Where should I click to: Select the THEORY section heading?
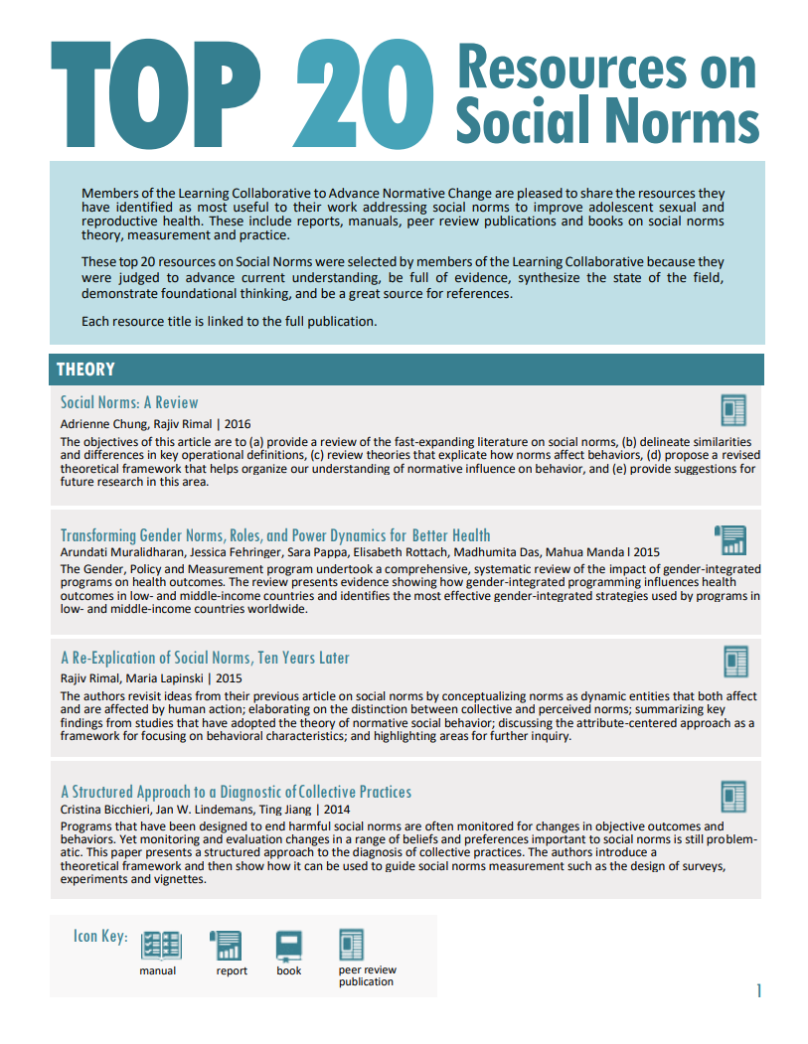(85, 370)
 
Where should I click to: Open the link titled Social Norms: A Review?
(129, 402)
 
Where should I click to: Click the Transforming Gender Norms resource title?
(275, 535)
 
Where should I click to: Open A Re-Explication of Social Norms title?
(205, 658)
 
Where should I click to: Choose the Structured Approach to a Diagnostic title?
(236, 792)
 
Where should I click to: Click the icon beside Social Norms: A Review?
(733, 409)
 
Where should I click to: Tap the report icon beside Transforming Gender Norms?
(730, 540)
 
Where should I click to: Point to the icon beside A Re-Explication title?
(734, 661)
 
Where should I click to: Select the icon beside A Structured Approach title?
(733, 796)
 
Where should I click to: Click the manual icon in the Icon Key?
(160, 945)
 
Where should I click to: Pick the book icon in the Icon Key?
(289, 945)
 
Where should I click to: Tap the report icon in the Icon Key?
(228, 945)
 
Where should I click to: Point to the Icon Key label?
(100, 936)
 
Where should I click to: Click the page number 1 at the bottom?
(758, 990)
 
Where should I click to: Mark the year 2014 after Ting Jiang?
(337, 810)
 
